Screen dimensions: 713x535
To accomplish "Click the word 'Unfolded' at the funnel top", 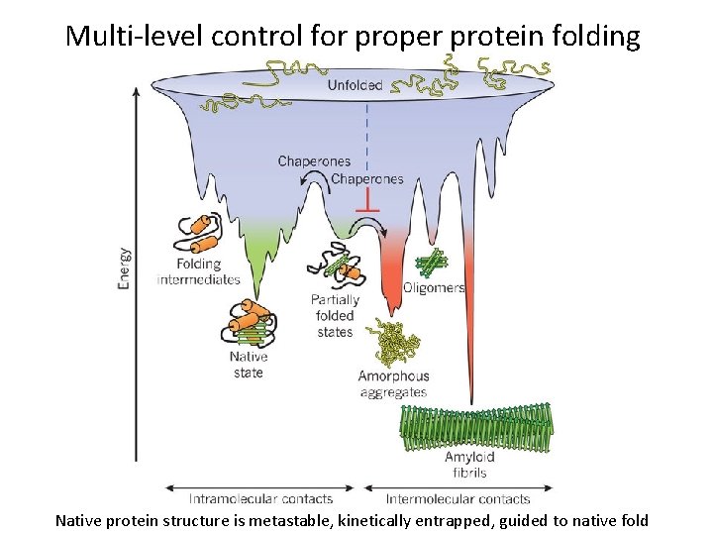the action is click(x=356, y=85).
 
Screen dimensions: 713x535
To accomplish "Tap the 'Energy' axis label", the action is click(x=124, y=267).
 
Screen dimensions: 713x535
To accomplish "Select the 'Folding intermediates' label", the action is click(x=199, y=271).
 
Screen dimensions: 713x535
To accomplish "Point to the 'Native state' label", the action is click(x=249, y=365).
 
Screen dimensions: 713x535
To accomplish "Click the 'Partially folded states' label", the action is click(x=335, y=316).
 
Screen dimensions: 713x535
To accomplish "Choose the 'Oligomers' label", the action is click(x=434, y=288).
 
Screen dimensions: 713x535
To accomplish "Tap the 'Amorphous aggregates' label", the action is click(x=393, y=383).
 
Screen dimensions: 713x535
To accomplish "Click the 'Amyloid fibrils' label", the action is click(x=470, y=465).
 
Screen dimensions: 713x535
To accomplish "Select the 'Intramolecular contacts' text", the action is click(x=260, y=498).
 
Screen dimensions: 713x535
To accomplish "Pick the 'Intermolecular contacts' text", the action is click(x=458, y=498).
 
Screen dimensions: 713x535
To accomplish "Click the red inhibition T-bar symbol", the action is click(x=367, y=206).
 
